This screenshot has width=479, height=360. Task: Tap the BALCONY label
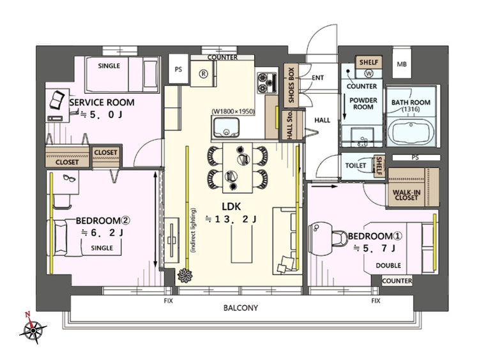point(241,308)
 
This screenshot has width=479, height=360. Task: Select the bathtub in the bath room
point(413,132)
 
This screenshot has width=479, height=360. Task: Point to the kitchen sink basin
point(226,127)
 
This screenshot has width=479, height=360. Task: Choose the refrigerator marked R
point(203,73)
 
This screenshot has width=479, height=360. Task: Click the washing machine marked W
point(369,73)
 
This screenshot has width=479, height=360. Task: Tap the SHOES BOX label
point(291,85)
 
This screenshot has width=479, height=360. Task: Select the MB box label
point(402,64)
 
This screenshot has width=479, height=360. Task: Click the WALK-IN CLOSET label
point(406,195)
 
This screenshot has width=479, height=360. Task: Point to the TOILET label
point(356,165)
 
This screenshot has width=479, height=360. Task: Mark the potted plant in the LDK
point(185,275)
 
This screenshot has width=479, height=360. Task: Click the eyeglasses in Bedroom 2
point(70,178)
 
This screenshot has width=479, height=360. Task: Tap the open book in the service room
point(57,100)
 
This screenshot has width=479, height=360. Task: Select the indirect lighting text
point(193,230)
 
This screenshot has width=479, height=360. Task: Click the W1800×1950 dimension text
point(233,112)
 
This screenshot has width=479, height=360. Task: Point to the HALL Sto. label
point(289,125)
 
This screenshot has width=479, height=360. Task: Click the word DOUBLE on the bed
point(388,266)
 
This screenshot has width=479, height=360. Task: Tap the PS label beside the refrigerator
point(178,70)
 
